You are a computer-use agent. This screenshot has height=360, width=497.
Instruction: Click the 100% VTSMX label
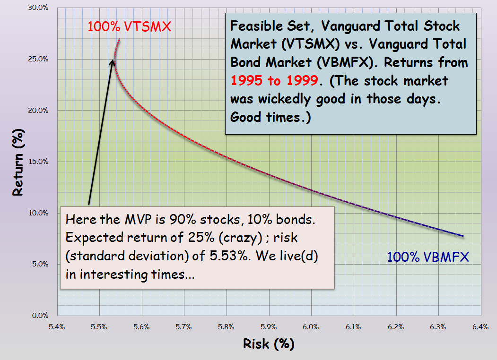128,27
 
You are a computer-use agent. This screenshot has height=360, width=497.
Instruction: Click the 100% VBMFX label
428,257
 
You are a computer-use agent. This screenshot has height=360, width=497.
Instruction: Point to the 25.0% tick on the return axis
41,59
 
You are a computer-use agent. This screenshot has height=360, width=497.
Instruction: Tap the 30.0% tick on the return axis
41,8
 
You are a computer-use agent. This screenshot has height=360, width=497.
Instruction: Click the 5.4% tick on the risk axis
57,326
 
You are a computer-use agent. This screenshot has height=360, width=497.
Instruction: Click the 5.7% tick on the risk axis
183,326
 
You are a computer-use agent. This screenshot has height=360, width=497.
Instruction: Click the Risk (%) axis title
269,344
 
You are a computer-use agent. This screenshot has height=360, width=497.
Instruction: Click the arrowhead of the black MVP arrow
113,62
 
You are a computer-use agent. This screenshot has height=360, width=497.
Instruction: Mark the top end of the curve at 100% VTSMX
120,39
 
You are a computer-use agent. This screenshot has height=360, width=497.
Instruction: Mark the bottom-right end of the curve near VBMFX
463,236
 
